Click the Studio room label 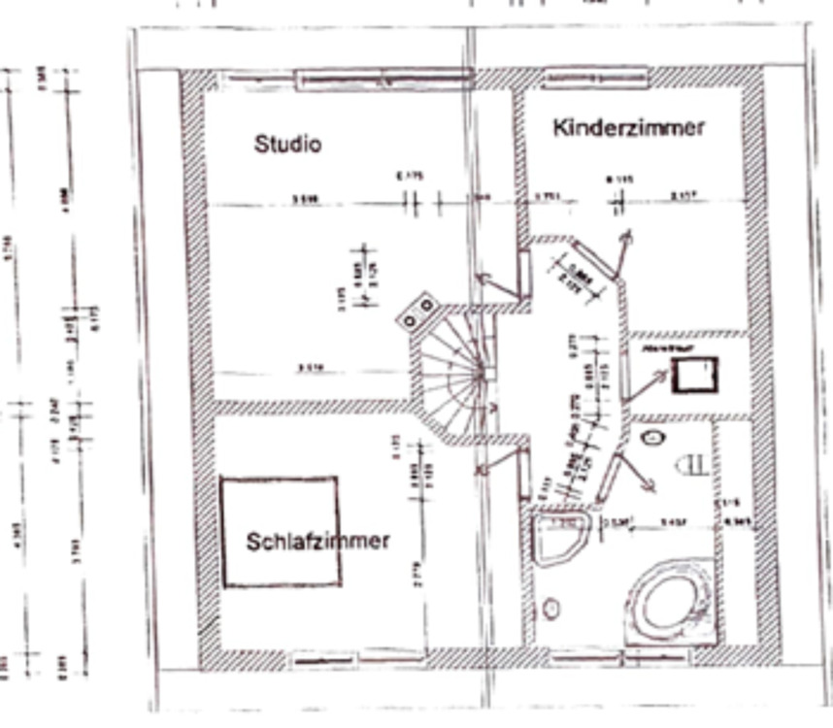coord(287,145)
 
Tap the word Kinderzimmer coord(628,127)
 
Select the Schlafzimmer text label coord(317,541)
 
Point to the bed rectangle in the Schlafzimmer coord(280,531)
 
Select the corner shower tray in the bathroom coord(561,536)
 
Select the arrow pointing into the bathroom coord(637,473)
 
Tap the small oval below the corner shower coord(551,609)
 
